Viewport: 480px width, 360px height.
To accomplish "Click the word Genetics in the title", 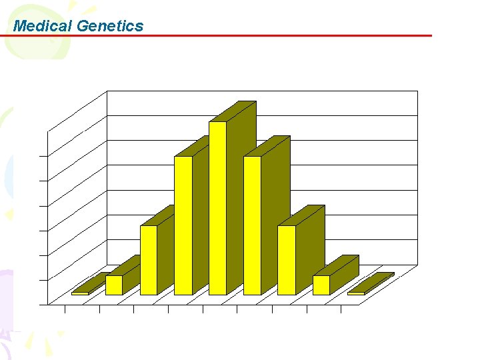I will click(x=110, y=26).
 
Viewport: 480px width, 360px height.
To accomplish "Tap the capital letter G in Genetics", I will click(x=83, y=26).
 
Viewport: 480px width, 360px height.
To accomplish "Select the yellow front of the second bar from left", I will click(x=114, y=285).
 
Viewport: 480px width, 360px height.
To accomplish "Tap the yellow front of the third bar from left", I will click(x=148, y=260).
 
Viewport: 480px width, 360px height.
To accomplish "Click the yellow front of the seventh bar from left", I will click(x=287, y=260).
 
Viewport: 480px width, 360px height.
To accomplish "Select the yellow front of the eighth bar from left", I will click(x=321, y=285).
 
